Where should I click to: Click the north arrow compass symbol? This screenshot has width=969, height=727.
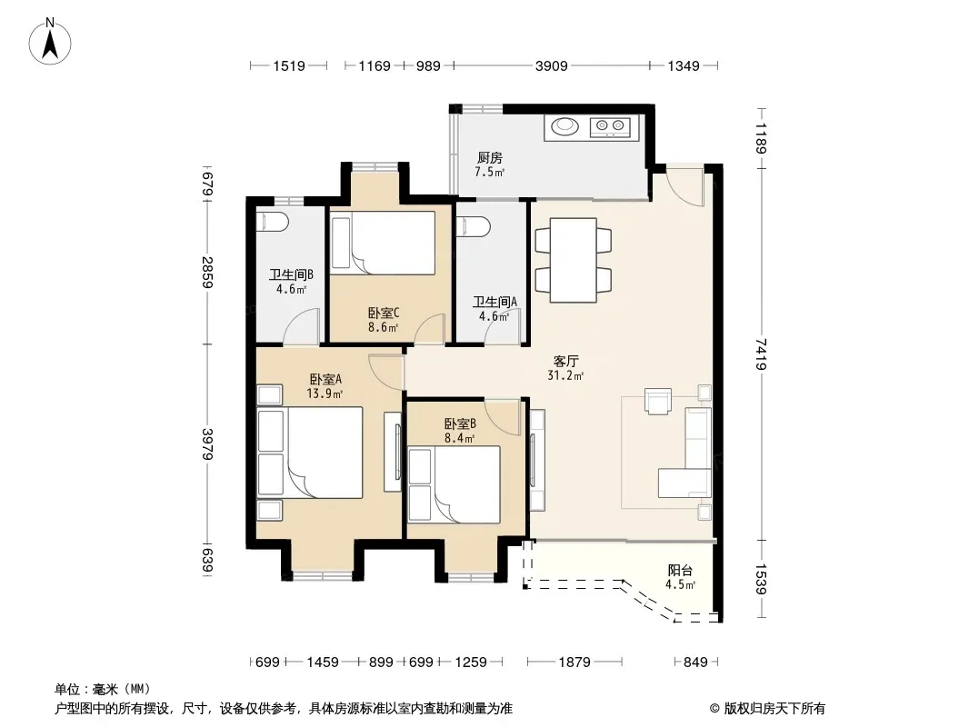pos(50,42)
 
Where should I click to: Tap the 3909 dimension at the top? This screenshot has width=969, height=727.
pos(551,65)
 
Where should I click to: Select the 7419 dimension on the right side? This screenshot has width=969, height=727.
pos(761,354)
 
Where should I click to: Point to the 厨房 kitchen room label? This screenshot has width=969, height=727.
pos(489,158)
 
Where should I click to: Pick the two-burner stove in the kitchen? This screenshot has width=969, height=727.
pos(610,126)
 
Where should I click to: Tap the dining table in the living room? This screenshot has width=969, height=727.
pos(574,260)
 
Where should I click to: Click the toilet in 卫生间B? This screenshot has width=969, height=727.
pos(272,223)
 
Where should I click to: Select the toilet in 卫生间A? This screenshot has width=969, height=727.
pos(473,226)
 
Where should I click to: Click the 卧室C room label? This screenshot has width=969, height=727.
pos(384,314)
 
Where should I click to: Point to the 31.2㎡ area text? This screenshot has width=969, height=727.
pos(565,375)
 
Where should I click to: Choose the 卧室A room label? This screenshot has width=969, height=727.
pos(325,379)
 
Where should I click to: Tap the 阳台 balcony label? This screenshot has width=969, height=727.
pos(680,570)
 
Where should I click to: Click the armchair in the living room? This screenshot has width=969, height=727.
pos(657,400)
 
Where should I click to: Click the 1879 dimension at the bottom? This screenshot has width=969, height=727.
pos(574,662)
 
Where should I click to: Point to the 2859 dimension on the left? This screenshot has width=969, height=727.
pos(207,272)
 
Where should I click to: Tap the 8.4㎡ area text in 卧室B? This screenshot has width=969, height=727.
pos(459,439)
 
